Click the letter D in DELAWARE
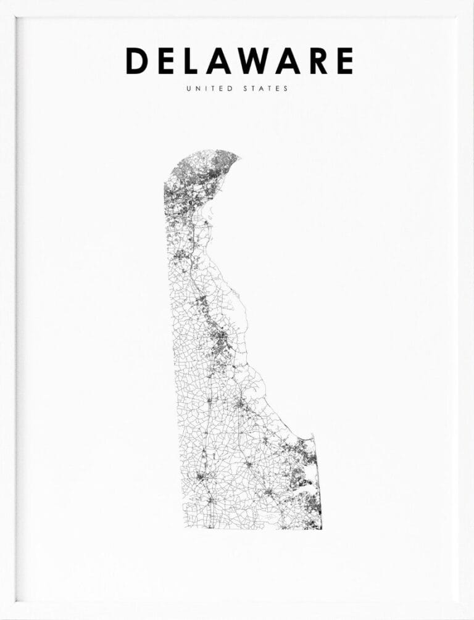coord(136,60)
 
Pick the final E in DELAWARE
coord(344,60)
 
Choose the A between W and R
coord(290,60)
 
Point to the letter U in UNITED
coord(188,89)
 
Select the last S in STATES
coord(286,89)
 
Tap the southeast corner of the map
coord(321,528)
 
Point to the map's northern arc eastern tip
coord(238,154)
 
